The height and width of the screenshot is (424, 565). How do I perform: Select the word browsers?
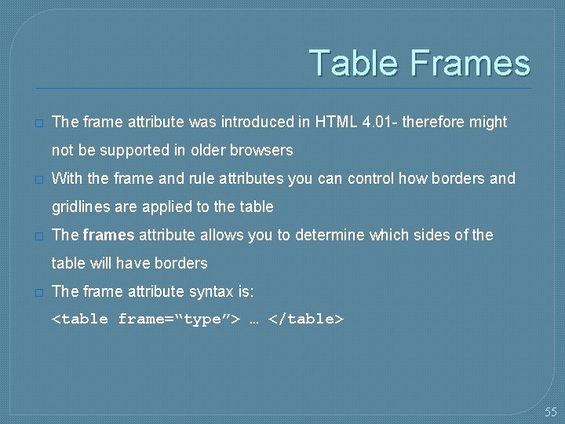point(261,150)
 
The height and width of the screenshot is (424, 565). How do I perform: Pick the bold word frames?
point(109,235)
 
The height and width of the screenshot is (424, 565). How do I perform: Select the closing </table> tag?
point(306,320)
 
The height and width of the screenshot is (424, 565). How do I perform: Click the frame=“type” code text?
point(178,320)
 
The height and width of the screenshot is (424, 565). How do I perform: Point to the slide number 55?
point(551,411)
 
